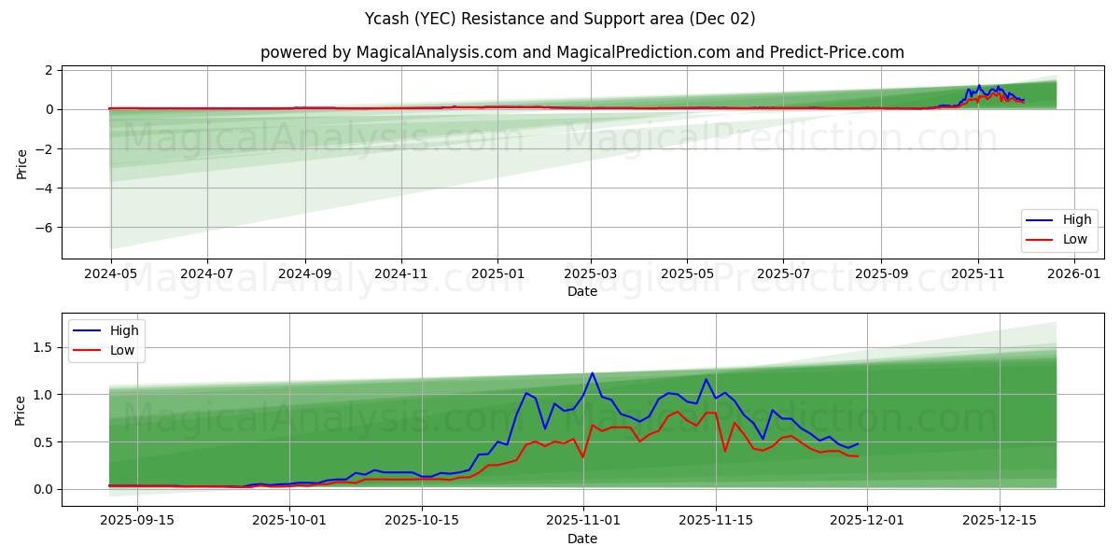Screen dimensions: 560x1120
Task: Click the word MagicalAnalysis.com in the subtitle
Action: (436, 52)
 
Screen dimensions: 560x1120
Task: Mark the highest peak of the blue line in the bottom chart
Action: (592, 373)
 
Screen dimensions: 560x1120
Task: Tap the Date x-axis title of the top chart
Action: (582, 292)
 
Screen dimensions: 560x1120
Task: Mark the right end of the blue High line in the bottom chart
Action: (857, 443)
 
